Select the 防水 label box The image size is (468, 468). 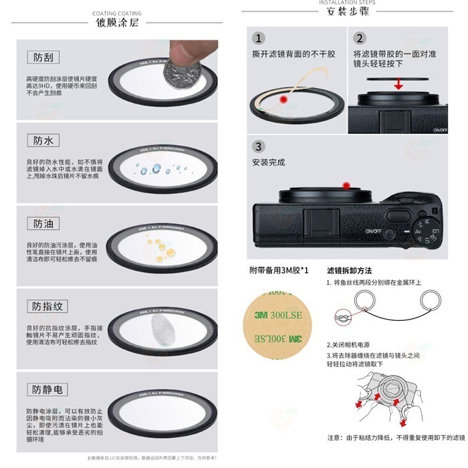[x=43, y=140]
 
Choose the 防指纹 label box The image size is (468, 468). [x=48, y=307]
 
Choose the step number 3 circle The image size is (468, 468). [x=259, y=146]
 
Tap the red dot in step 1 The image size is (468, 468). [x=283, y=100]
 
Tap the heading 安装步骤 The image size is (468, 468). [x=347, y=12]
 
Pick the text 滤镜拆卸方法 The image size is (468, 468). [x=350, y=270]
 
